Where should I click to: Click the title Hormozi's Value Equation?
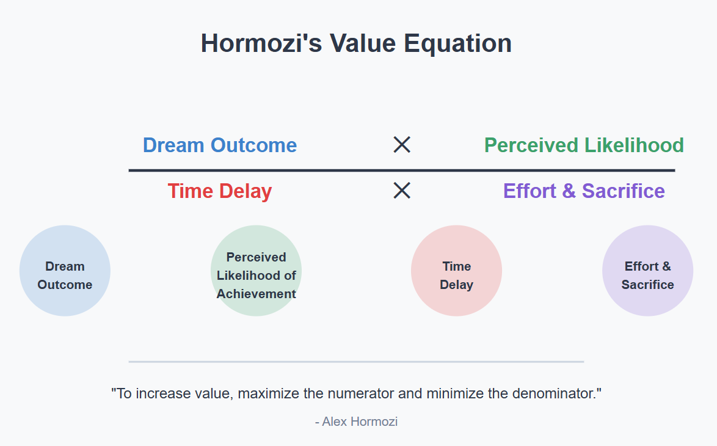point(356,43)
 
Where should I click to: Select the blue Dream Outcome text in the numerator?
point(220,145)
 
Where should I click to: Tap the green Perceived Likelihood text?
point(584,145)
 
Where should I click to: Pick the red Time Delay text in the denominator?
point(220,191)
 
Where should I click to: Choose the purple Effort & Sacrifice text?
point(584,191)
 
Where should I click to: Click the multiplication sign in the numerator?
point(402,145)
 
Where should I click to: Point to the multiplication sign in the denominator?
point(402,190)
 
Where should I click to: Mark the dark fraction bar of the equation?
point(402,170)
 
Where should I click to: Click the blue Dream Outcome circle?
point(65,271)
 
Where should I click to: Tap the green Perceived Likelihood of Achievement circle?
point(256,271)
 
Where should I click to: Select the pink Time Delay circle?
point(456,271)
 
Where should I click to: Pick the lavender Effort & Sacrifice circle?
point(647,271)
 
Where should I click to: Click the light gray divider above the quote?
point(356,362)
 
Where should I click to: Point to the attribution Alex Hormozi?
point(356,422)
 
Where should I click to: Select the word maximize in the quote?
point(269,393)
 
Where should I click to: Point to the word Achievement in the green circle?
point(256,294)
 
